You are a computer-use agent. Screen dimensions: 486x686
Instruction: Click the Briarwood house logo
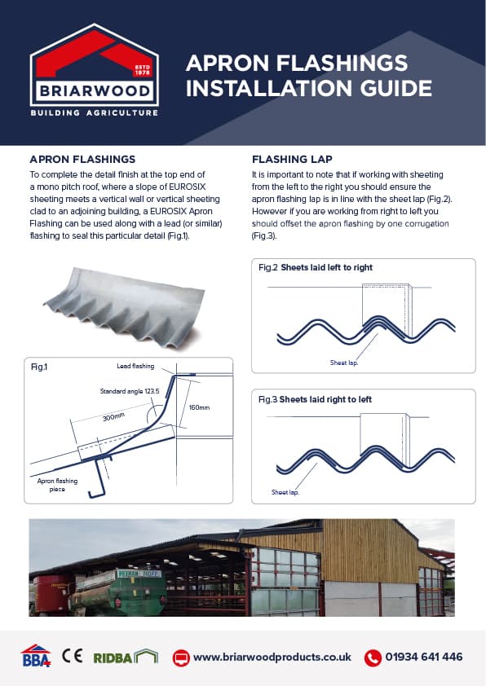pos(94,70)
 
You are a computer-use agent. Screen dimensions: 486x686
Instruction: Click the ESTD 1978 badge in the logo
pos(143,70)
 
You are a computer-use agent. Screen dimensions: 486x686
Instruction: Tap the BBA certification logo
pos(36,655)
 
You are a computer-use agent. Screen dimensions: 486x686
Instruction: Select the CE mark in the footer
pos(73,656)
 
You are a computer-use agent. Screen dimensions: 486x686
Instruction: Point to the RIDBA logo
pos(126,657)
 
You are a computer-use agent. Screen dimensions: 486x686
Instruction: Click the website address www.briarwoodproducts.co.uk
pos(272,657)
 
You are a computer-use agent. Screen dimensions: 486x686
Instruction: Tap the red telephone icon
pos(373,657)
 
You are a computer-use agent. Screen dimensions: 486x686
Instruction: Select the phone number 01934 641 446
pos(424,657)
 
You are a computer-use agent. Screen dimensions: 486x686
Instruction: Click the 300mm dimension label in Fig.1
pos(113,416)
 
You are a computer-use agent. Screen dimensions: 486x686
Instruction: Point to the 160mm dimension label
pos(199,407)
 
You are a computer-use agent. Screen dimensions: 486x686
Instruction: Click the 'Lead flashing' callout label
pos(135,366)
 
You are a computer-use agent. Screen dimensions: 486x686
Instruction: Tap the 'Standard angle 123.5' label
pos(130,391)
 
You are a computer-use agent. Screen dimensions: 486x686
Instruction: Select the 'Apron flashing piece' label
pos(57,485)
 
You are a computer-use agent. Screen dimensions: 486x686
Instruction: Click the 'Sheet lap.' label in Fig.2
pos(343,363)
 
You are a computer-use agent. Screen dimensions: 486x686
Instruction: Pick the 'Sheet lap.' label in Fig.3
pos(285,492)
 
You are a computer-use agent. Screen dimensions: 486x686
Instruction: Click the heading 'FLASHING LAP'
pos(292,159)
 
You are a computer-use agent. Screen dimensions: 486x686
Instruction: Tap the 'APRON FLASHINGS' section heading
pos(82,159)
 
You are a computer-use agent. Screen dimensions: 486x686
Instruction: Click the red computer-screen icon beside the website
pos(181,657)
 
